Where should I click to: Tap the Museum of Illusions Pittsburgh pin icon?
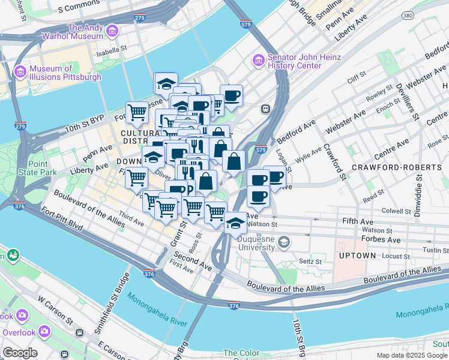click(20, 72)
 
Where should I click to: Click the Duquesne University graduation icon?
click(283, 242)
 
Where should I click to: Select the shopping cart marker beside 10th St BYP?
click(137, 111)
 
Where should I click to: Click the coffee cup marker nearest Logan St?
click(276, 177)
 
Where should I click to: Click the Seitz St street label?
click(311, 262)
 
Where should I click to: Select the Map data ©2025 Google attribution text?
click(412, 355)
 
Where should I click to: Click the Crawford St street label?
click(335, 161)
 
